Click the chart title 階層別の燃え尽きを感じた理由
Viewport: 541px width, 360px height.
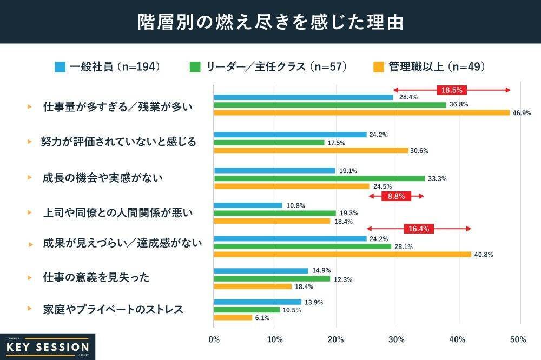click(270, 22)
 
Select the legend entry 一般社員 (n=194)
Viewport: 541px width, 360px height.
click(108, 67)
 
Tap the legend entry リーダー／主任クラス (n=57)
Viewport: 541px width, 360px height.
click(268, 67)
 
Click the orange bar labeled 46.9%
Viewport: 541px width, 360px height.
click(362, 112)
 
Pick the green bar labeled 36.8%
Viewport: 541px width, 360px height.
click(330, 105)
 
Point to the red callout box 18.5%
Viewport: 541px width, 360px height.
click(452, 90)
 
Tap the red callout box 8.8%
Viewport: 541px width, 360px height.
click(396, 196)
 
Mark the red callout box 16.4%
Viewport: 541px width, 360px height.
click(418, 229)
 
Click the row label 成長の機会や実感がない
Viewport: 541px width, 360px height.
click(102, 177)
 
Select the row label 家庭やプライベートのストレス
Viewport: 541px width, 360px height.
click(113, 310)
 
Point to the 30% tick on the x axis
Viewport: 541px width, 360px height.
click(397, 339)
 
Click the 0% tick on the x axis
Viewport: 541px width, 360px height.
click(214, 339)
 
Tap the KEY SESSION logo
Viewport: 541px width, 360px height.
click(48, 346)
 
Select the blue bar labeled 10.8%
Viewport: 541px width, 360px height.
click(248, 205)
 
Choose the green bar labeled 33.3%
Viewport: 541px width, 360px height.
click(319, 178)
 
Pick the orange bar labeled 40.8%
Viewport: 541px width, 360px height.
click(342, 254)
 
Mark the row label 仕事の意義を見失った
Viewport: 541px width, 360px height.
click(96, 277)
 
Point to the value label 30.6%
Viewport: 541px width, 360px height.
click(419, 151)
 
